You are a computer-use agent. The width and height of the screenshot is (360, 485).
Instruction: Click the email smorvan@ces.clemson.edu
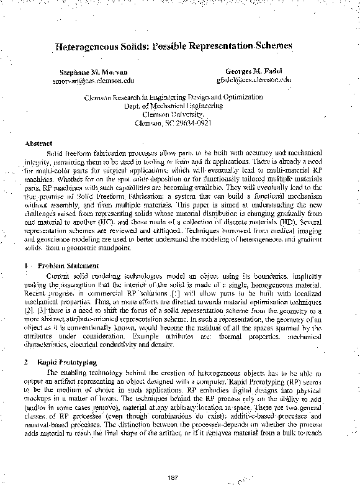click(94, 81)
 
